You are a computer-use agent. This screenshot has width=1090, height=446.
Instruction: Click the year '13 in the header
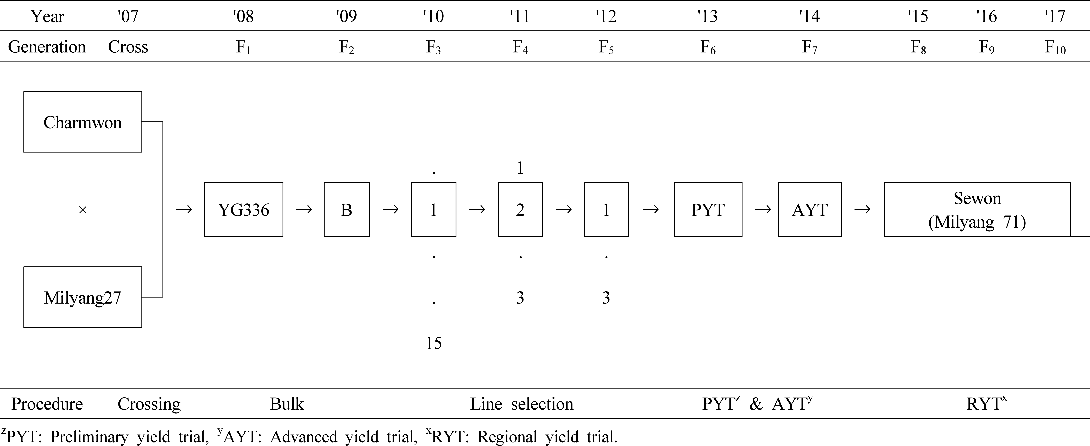[x=708, y=16]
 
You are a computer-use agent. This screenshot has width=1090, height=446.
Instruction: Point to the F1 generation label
[x=243, y=47]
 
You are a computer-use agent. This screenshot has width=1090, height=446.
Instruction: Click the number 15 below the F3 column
[x=434, y=343]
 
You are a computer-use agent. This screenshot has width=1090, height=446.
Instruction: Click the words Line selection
[x=522, y=404]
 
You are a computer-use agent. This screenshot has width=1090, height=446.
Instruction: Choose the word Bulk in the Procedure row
[x=287, y=404]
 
